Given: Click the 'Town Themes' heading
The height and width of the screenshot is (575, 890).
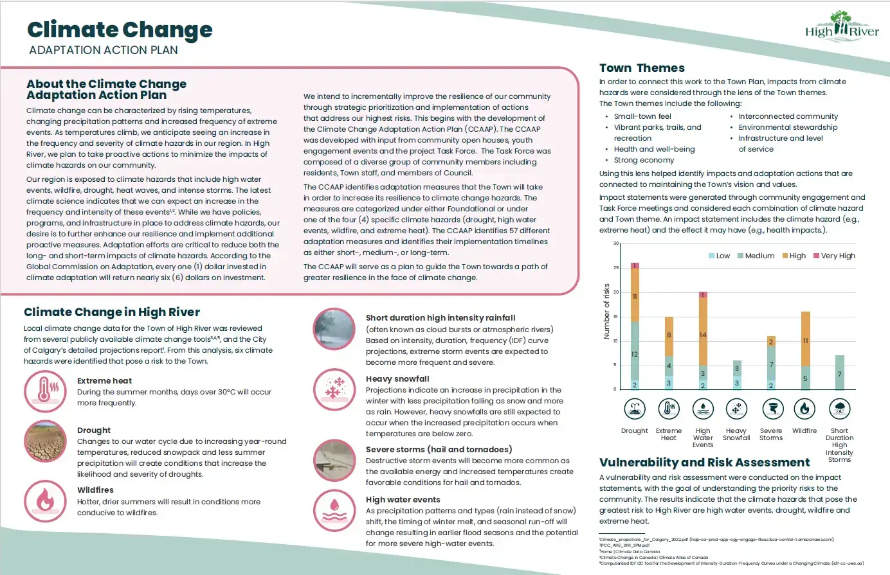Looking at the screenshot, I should [642, 68].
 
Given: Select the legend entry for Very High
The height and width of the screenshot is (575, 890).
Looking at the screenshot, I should [834, 256].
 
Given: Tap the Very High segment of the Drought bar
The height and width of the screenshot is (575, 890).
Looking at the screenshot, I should [635, 265].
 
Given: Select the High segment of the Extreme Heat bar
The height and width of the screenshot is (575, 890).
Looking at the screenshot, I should [669, 336].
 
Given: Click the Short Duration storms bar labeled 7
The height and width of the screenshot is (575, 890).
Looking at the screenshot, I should [839, 373].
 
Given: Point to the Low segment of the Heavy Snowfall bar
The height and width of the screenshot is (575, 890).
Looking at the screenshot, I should [737, 383].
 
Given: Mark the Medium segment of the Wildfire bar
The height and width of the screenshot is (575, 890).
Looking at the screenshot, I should [805, 378].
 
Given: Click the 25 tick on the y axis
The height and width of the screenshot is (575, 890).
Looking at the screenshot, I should [615, 268].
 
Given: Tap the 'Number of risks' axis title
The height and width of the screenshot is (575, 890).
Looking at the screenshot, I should [606, 312].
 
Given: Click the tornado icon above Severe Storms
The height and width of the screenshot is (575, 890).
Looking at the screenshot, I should [771, 409].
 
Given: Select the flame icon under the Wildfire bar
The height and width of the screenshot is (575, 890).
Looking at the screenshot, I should [804, 409].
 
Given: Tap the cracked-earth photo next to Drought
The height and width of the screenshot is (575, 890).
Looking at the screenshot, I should [45, 441].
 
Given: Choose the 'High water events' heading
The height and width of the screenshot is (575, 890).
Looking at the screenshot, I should [403, 499].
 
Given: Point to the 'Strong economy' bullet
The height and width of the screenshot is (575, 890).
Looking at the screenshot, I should [644, 160].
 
